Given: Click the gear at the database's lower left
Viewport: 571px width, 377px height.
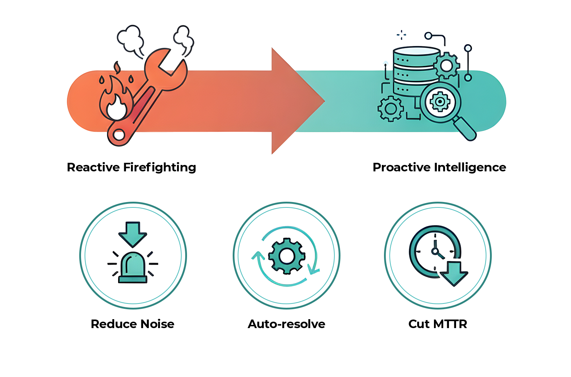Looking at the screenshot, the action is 390,108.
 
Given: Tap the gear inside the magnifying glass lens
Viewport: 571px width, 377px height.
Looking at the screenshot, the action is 440,102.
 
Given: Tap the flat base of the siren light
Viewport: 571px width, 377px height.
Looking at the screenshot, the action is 132,280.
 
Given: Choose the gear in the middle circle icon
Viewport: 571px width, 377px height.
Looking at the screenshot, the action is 286,256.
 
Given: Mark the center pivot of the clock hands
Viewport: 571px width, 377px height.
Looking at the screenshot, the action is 435,251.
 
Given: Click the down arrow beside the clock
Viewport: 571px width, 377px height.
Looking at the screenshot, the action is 454,273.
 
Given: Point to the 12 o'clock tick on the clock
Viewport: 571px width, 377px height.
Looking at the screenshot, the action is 435,236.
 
